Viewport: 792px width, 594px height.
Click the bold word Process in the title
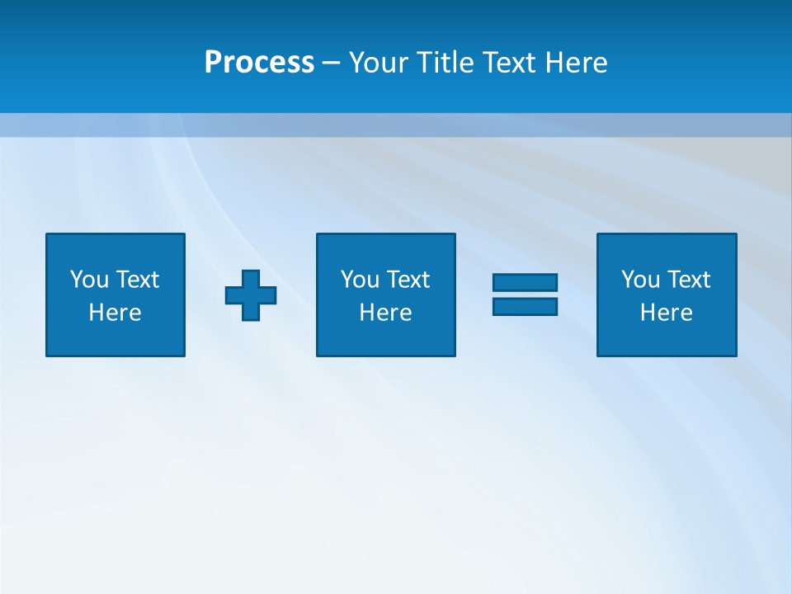259,63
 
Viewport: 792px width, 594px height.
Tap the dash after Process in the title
332,63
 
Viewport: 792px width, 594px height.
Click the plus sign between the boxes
251,295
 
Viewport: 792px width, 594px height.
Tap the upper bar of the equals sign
525,282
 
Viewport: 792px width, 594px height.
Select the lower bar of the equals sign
525,306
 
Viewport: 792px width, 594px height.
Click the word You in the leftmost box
88,280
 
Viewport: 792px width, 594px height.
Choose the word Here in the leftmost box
115,313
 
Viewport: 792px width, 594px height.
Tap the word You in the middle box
359,280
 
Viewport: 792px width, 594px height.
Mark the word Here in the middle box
386,313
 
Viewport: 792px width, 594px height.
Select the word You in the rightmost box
639,280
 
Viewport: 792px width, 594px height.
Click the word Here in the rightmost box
667,313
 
